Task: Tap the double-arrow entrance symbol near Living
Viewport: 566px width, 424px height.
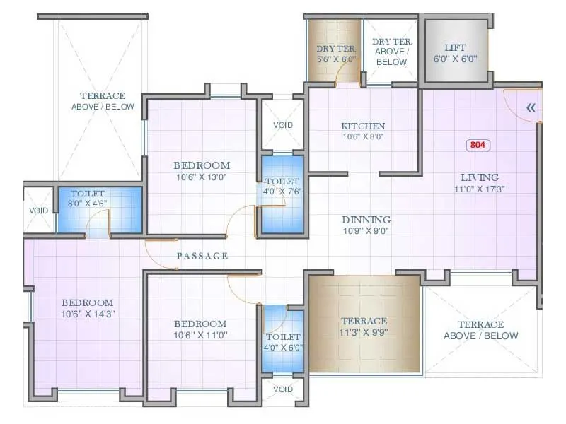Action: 531,108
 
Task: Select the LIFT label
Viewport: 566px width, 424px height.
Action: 456,47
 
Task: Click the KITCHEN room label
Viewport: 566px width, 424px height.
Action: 362,126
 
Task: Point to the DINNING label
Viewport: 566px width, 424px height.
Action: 366,220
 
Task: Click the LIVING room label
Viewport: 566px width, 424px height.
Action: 480,177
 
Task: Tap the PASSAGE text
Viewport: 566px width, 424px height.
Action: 202,256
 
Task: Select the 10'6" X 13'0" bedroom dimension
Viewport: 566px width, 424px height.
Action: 202,177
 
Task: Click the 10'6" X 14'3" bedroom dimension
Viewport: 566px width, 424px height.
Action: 87,314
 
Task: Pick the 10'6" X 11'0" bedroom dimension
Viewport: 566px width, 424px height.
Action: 202,335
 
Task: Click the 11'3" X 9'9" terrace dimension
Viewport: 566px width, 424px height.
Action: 364,332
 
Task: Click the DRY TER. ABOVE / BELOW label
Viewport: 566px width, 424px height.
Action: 391,52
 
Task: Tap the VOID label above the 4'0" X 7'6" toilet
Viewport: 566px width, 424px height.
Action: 283,125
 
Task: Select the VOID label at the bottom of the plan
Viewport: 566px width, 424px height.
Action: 283,389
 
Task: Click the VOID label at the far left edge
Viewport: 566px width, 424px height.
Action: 39,211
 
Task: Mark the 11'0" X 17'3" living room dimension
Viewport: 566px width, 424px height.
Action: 480,189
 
